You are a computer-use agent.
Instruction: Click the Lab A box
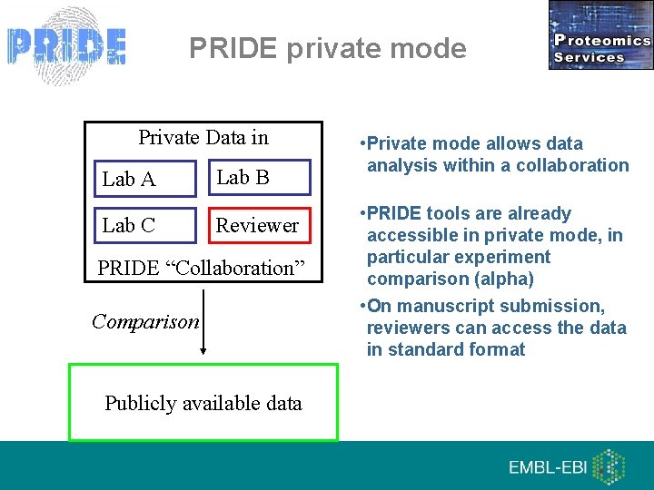pos(144,179)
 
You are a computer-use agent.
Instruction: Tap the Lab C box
pos(144,225)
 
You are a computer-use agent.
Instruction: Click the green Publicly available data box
pos(203,403)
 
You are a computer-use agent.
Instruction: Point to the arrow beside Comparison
pos(204,322)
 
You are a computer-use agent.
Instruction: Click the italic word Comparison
pos(145,321)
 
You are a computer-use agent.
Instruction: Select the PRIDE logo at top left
pos(66,45)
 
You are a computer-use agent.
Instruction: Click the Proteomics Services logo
pos(600,35)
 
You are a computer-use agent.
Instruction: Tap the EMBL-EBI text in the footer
pos(546,467)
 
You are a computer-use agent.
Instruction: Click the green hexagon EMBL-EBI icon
pos(609,466)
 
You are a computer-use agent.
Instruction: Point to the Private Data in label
pos(203,138)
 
